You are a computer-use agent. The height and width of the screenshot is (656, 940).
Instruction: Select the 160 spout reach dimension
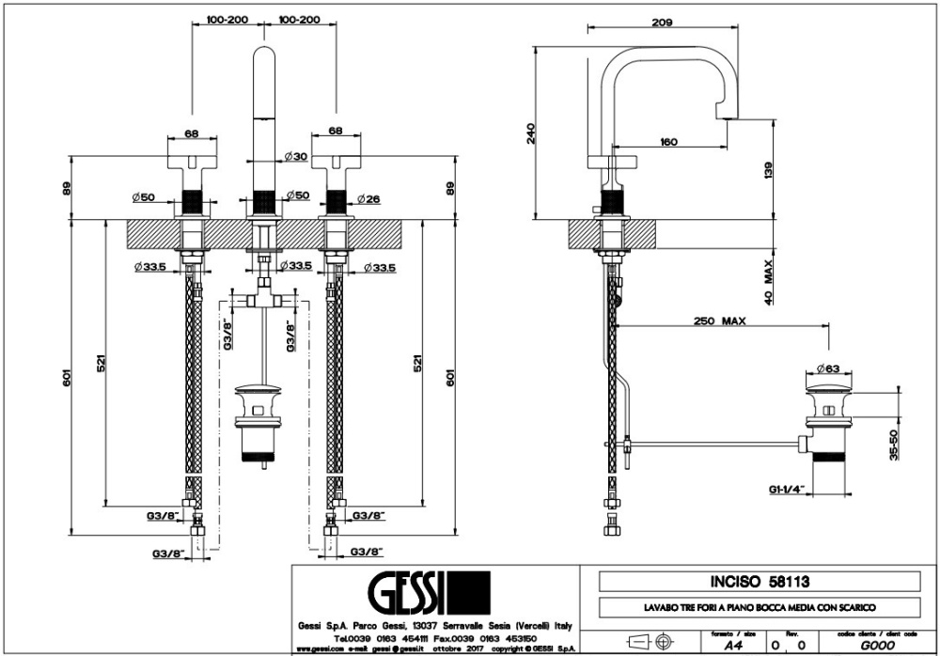click(668, 141)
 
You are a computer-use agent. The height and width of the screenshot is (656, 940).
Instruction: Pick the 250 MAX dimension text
click(720, 320)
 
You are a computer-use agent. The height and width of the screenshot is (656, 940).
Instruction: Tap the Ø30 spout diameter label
click(296, 156)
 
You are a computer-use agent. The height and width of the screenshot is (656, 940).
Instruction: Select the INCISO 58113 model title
click(746, 582)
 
